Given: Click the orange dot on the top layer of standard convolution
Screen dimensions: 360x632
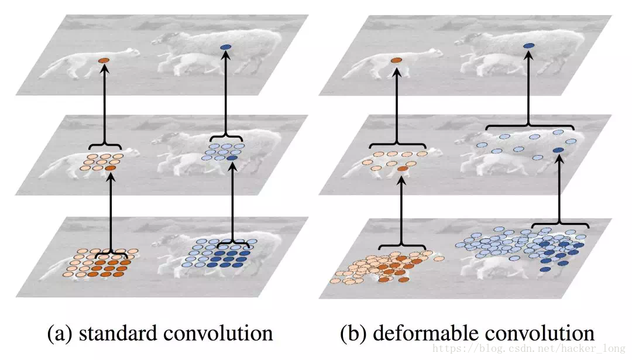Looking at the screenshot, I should [x=104, y=61].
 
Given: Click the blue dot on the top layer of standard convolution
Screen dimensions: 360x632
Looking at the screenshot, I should [x=225, y=47].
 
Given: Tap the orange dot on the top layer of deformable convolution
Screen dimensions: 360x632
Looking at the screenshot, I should [x=396, y=60].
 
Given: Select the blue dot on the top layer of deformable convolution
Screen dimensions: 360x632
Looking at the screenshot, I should [x=528, y=46].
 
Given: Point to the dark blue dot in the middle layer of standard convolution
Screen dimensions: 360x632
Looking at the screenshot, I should [x=232, y=158].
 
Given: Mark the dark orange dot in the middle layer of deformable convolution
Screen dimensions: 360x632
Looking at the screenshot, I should [x=401, y=169].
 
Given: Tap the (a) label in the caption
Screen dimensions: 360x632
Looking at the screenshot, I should [x=60, y=333].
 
